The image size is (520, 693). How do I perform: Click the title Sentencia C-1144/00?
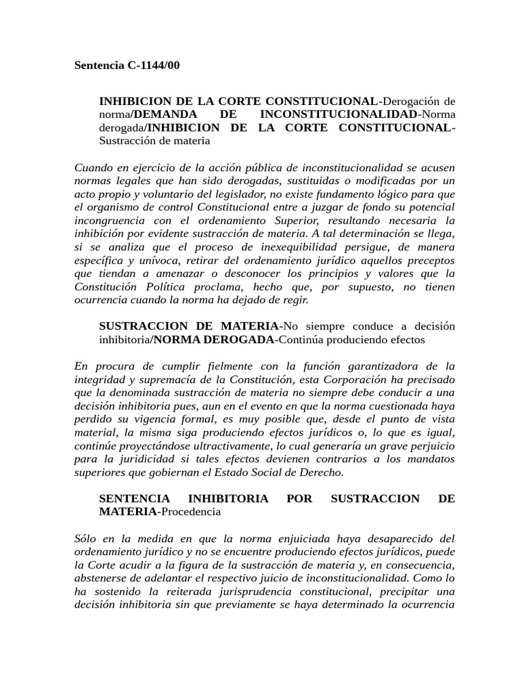point(127,66)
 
